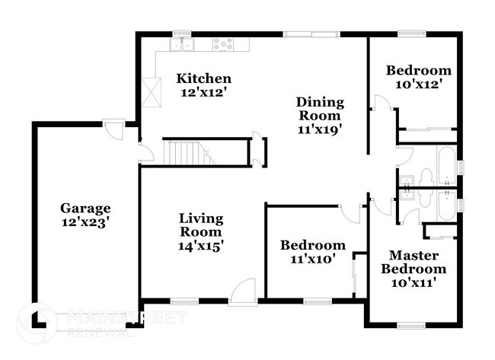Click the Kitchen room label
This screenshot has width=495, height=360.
(203, 78)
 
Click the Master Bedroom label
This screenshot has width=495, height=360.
(414, 261)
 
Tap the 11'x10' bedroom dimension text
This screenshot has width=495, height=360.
(312, 260)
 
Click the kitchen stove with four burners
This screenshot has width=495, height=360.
(222, 44)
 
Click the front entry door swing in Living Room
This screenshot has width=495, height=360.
(244, 292)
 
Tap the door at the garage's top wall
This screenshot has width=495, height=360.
(114, 130)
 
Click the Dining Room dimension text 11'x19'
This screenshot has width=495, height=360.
(320, 129)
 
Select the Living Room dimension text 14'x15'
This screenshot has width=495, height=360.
(201, 245)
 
